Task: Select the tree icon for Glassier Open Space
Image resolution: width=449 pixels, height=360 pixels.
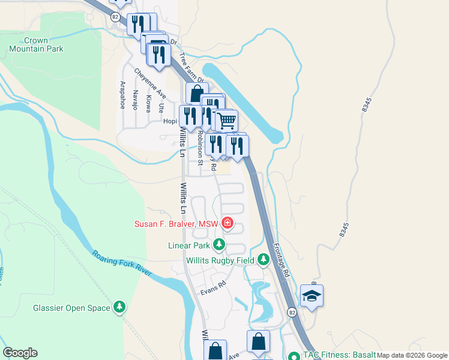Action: pos(120,308)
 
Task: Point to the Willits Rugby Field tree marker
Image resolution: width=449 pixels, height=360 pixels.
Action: pos(263,260)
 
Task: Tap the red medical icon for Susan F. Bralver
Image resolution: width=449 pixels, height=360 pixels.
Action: pos(227,224)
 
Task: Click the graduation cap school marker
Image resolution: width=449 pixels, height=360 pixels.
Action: pos(312,296)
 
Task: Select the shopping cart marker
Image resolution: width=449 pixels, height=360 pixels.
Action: pos(226,121)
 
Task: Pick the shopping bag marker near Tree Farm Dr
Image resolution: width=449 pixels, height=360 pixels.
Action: pos(197,94)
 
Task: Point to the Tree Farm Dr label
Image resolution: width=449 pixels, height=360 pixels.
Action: pos(191,67)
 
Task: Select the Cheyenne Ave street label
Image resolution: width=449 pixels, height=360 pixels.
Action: pos(149,83)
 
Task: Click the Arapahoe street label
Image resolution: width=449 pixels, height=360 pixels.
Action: pos(122,94)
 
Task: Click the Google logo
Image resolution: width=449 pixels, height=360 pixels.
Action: pos(20,353)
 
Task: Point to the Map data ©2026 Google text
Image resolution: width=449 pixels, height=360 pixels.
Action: pos(412,355)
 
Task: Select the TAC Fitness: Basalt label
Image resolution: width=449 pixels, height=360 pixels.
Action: pos(340,355)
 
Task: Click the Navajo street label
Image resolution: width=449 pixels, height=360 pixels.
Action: pos(135,100)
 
